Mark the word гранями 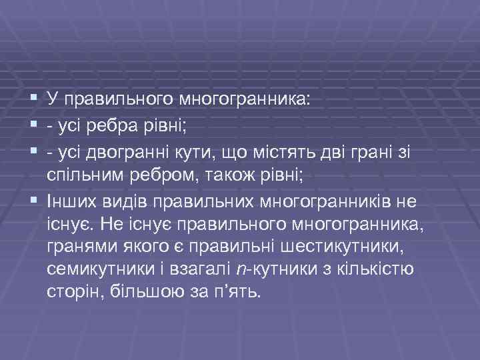coord(75,246)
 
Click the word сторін coord(69,293)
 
